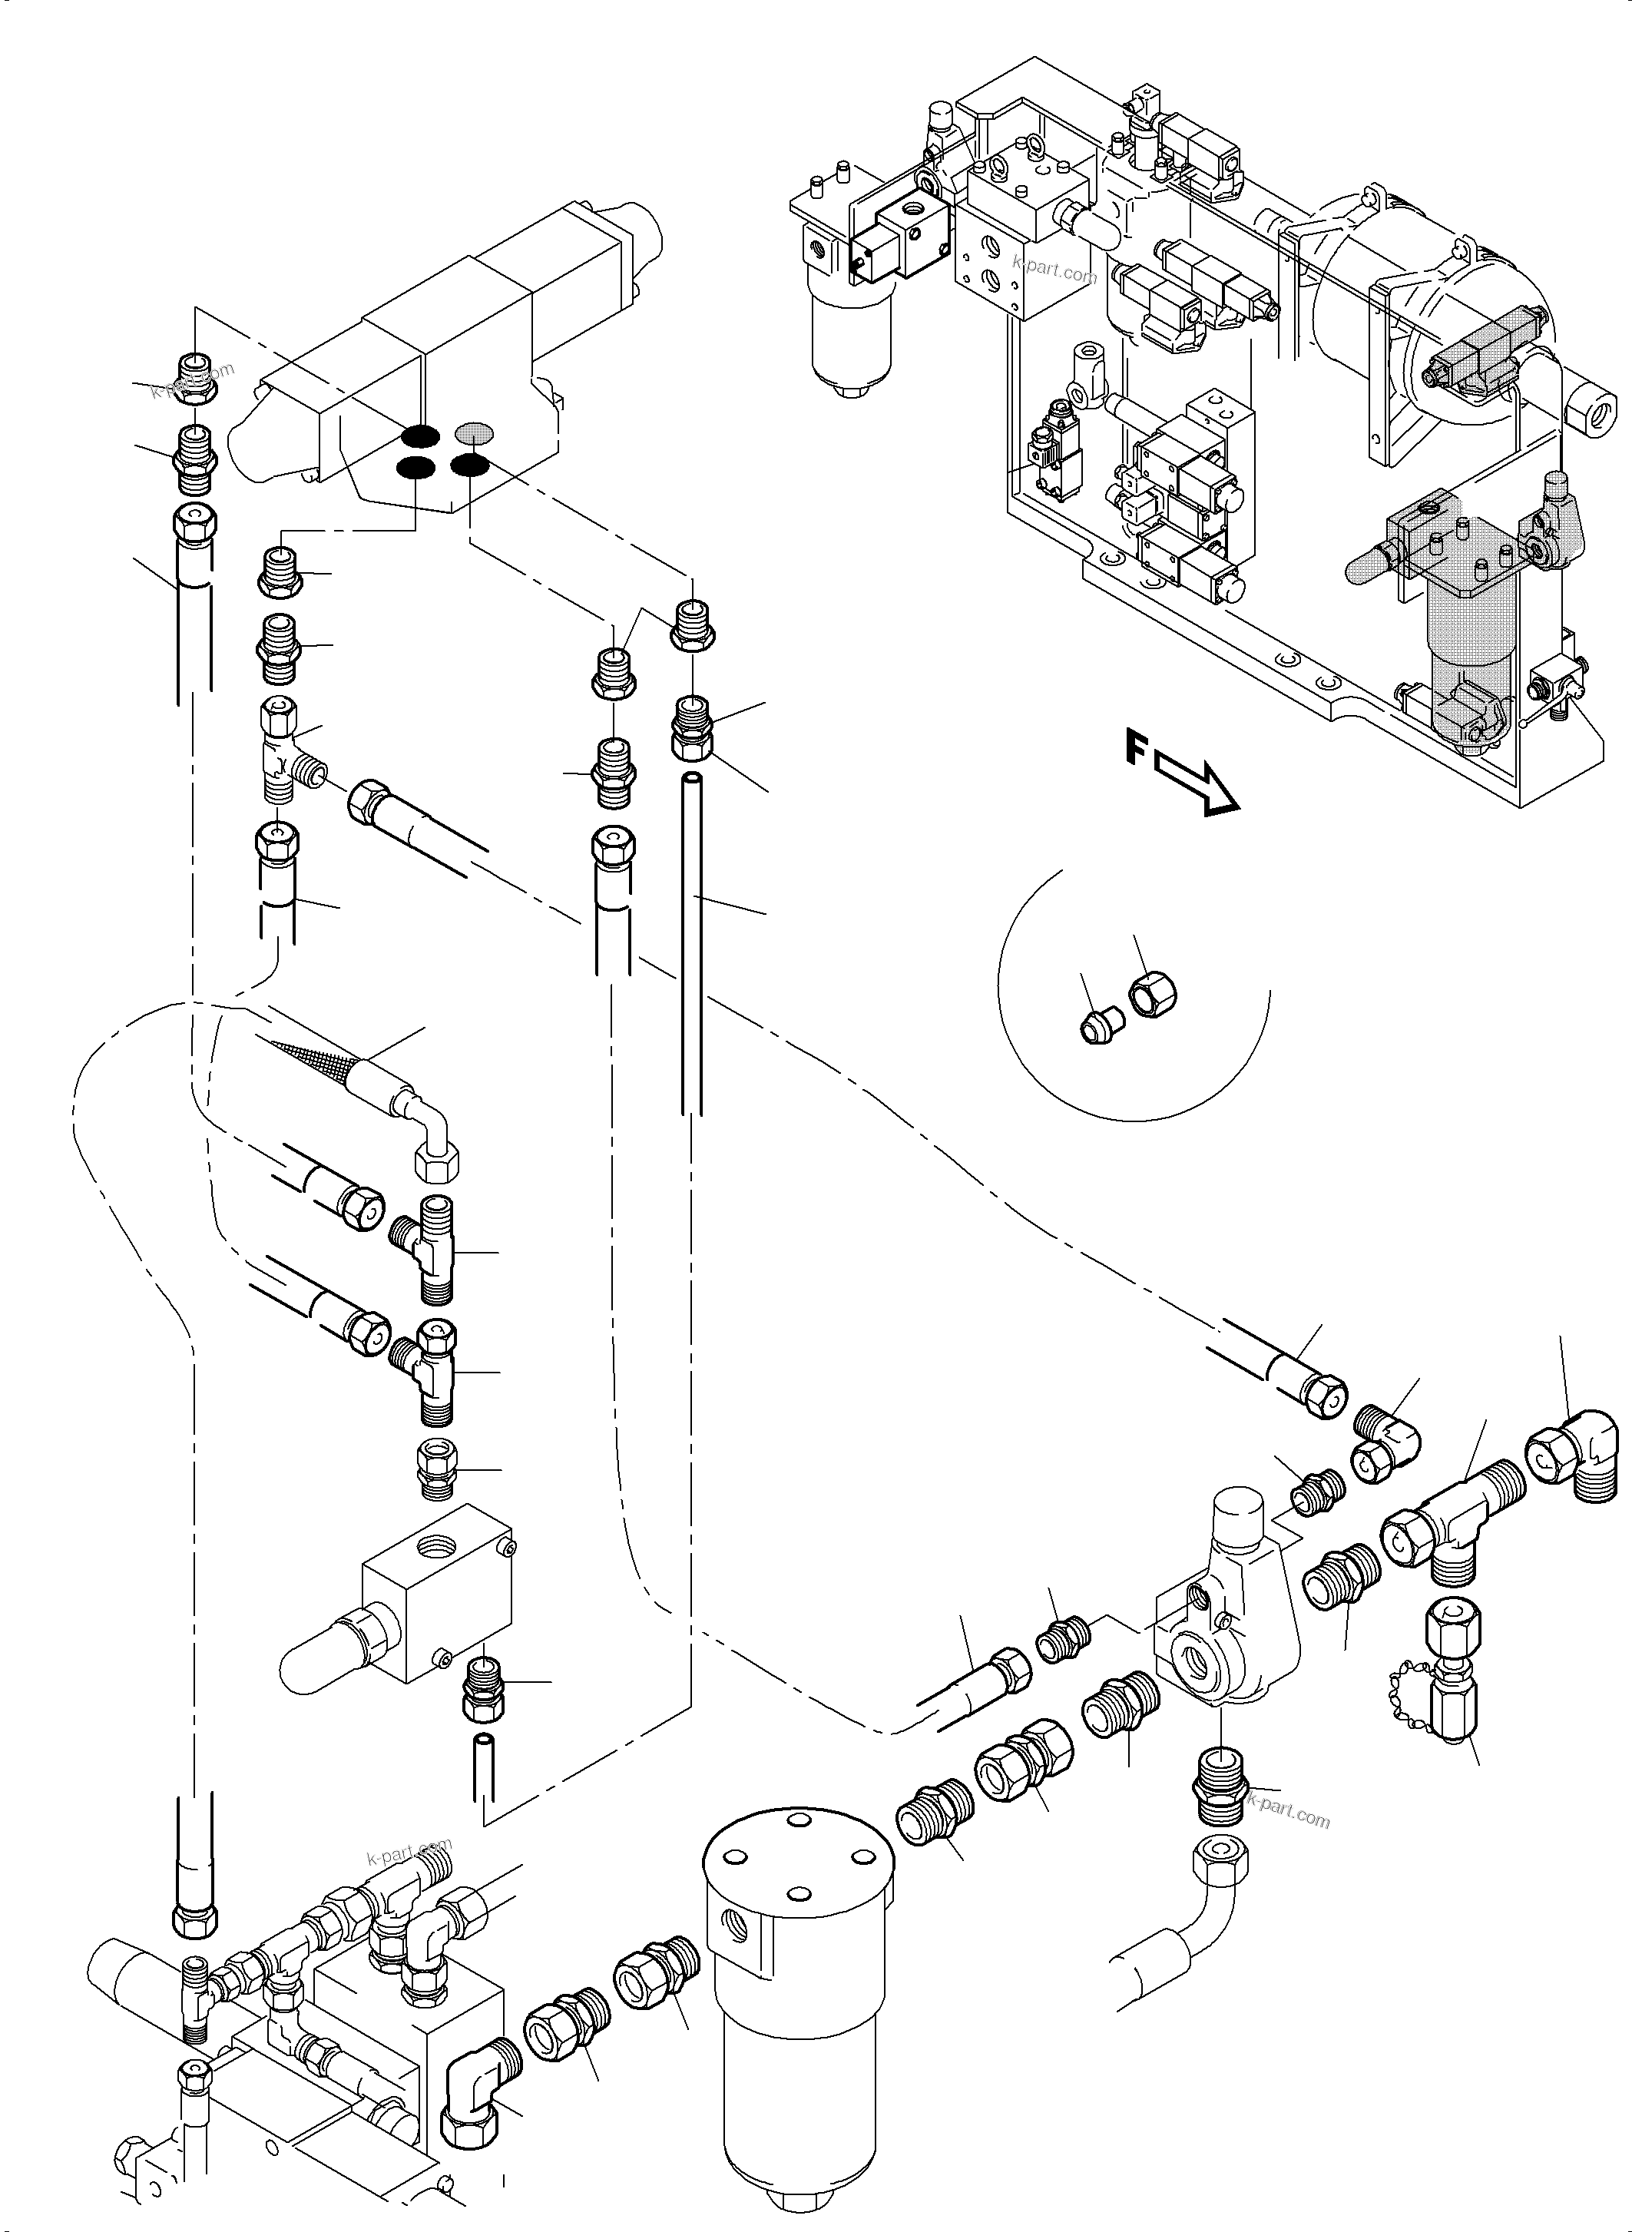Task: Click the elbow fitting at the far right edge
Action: tap(1577, 1459)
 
